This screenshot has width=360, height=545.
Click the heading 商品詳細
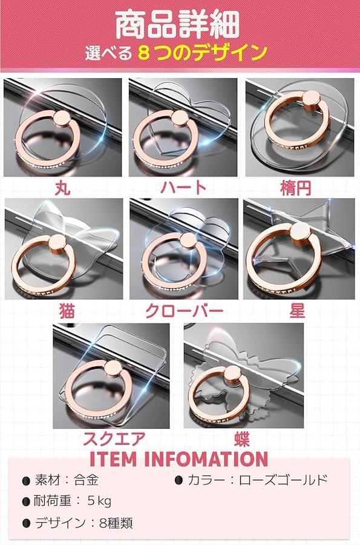[x=177, y=24]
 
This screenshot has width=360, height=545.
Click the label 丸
[x=63, y=187]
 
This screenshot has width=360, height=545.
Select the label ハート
[x=184, y=187]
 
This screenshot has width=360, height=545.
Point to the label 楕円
[x=295, y=188]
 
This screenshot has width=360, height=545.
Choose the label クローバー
[x=185, y=310]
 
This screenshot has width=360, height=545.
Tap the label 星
[x=298, y=310]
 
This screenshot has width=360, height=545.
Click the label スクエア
[x=114, y=438]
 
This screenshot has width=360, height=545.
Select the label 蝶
[x=241, y=438]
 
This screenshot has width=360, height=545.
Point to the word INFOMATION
[x=206, y=459]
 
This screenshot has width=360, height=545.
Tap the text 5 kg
[x=99, y=501]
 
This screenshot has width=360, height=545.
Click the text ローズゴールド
[x=283, y=480]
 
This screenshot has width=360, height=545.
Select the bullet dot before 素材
[x=25, y=481]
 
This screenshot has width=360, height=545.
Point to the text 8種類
[x=116, y=523]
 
